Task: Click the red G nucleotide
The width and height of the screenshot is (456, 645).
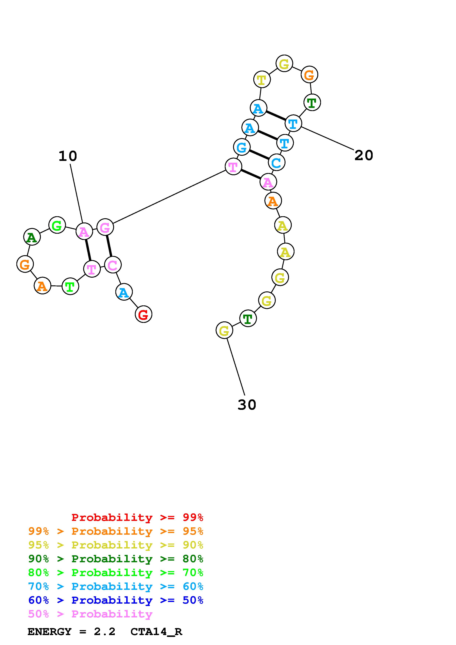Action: tap(143, 314)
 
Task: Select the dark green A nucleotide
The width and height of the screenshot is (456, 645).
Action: tap(32, 237)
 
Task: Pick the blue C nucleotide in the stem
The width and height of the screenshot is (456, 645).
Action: tap(276, 162)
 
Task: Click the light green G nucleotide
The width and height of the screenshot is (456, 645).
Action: tap(57, 225)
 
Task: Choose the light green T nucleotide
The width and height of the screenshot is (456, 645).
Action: tap(70, 286)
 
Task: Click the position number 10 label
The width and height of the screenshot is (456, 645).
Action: tap(68, 156)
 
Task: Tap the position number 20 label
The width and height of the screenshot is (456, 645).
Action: tap(363, 155)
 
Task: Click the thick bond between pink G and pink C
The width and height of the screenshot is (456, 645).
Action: tap(109, 246)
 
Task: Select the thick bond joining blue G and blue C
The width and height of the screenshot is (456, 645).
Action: tap(259, 154)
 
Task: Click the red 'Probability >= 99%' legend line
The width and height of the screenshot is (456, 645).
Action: tap(137, 517)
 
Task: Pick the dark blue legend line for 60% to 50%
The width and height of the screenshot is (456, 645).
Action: tap(116, 600)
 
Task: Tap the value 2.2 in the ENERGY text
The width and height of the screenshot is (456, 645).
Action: tap(104, 632)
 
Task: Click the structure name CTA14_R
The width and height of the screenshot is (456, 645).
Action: tap(156, 632)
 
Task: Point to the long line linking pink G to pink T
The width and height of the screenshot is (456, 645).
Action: tap(168, 197)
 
